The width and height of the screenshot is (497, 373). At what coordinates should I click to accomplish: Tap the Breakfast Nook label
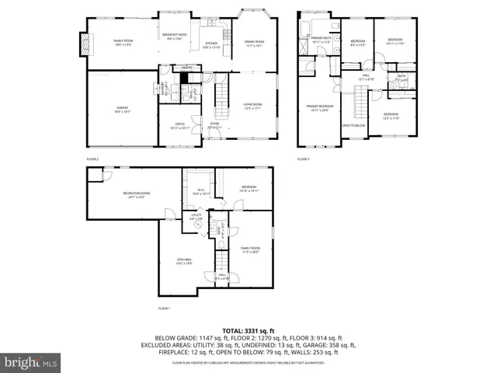pos(175,36)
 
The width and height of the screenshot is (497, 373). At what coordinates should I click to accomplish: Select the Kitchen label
pos(211,44)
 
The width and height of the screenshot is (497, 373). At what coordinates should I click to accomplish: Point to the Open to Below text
pos(353,125)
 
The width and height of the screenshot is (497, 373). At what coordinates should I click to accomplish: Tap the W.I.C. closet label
pos(200,190)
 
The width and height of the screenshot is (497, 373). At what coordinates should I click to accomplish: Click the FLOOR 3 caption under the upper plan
pos(303,159)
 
